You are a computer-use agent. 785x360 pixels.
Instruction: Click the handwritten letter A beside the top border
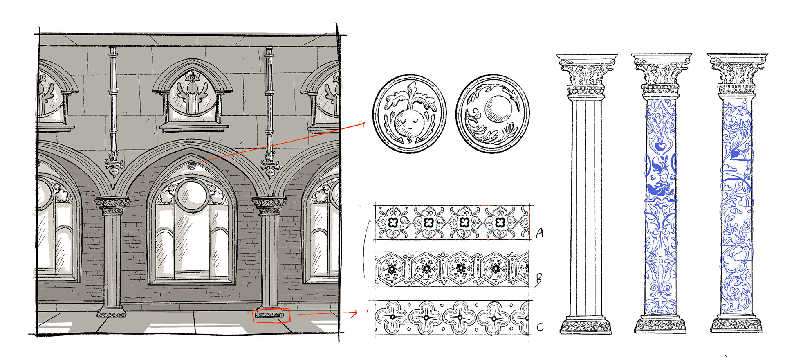540,233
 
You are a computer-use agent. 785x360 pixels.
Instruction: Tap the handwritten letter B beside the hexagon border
538,280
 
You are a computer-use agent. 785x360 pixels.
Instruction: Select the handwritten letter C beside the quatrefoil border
540,327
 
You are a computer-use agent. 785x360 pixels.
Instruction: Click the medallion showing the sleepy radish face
409,114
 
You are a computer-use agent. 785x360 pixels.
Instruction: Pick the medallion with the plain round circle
493,114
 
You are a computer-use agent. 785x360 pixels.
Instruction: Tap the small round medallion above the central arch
191,166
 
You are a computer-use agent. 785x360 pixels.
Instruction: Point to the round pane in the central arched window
191,195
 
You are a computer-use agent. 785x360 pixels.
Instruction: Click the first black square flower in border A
393,223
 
